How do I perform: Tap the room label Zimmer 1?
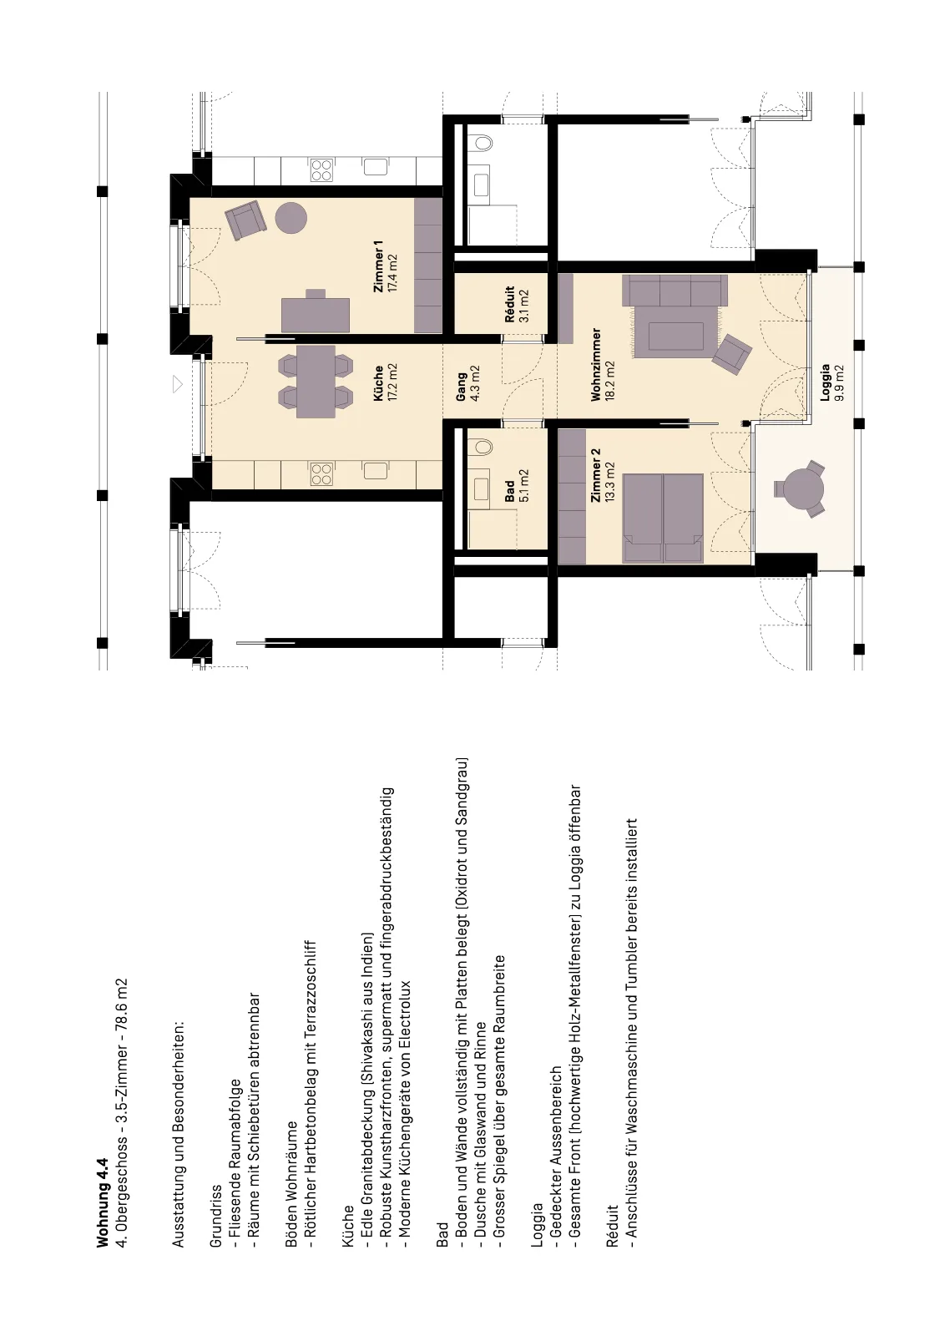coord(378,266)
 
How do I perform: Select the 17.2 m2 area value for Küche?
coord(392,382)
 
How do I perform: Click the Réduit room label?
coord(510,305)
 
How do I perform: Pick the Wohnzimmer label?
coord(596,364)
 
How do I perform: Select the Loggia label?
coord(826,383)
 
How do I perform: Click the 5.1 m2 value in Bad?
coord(524,486)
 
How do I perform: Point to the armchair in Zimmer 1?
coord(245,220)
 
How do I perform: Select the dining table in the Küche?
coord(316,382)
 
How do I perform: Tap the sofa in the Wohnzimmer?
coord(674,316)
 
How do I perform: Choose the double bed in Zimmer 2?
coord(663,519)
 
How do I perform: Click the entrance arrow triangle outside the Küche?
coord(177,384)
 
